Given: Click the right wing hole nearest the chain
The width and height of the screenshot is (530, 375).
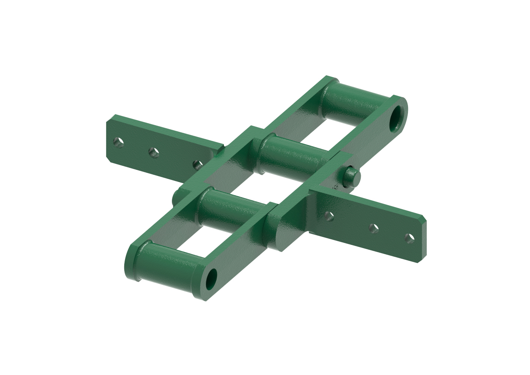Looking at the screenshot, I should (329, 216).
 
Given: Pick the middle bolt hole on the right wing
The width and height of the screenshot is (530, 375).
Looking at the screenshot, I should (373, 228).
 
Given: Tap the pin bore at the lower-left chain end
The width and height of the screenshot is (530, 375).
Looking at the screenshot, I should (211, 278).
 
